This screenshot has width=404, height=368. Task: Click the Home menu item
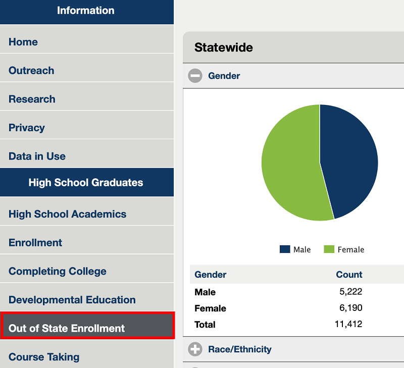23,42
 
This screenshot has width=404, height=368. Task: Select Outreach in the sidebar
31,71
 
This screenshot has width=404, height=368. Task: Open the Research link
32,99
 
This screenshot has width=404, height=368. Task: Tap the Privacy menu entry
27,128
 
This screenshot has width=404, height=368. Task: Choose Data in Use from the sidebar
37,156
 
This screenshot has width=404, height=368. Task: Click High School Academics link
67,214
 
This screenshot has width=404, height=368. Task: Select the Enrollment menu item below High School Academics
35,242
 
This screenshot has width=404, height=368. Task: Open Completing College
58,271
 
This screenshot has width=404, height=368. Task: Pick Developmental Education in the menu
72,300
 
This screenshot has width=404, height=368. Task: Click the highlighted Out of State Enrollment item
67,328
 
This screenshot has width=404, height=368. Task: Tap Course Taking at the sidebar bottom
44,357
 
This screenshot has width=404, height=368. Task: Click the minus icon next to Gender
195,76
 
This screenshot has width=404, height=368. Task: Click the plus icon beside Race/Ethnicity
195,349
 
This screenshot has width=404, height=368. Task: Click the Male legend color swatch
285,249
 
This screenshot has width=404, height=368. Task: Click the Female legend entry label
350,249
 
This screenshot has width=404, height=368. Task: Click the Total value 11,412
348,324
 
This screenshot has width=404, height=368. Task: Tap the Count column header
349,275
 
